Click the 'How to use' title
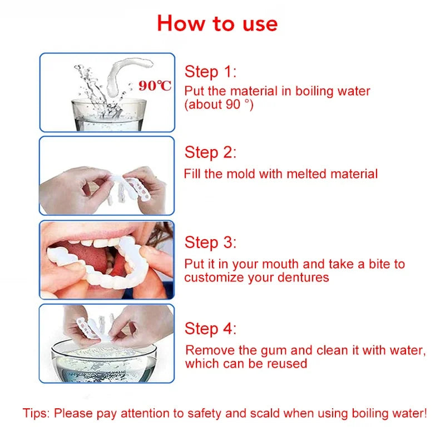[x=217, y=23]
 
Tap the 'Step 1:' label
[x=210, y=72]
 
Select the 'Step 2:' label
[x=210, y=152]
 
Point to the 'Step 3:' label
[x=210, y=243]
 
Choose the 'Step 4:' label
[x=210, y=329]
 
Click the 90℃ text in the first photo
[x=155, y=86]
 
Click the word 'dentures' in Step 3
[x=304, y=277]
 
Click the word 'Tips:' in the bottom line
[x=37, y=413]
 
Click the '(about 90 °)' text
[x=219, y=104]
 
